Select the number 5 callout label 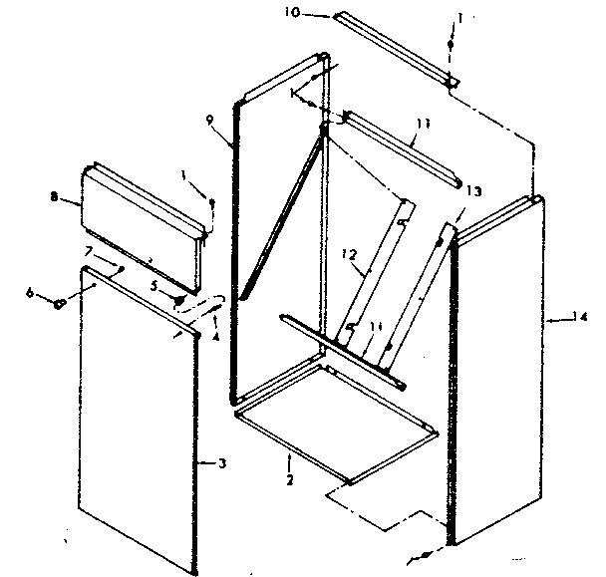pos(153,285)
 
